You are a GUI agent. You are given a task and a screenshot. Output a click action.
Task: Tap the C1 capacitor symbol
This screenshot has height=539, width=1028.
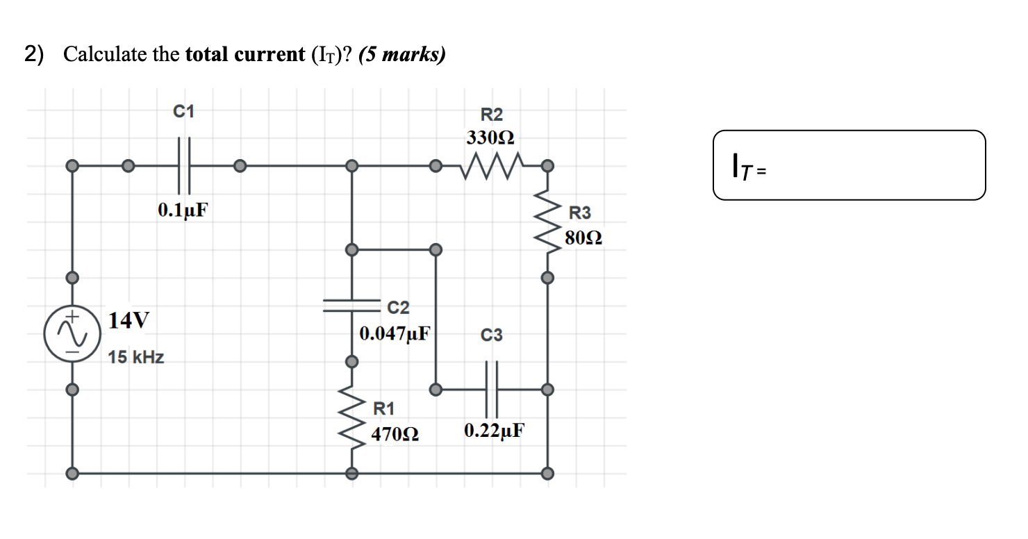[x=183, y=166]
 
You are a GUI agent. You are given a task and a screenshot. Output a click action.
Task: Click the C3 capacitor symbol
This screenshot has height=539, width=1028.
[x=492, y=389]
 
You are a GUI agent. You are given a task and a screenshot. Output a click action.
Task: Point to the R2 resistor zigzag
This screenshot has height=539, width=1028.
[x=491, y=165]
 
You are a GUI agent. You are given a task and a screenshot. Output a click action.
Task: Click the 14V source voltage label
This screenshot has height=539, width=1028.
[x=128, y=320]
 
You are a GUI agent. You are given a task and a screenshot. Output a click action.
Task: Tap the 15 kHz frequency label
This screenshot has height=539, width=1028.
[x=137, y=358]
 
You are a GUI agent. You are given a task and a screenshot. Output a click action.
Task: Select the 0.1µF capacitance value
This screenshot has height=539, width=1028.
[x=183, y=209]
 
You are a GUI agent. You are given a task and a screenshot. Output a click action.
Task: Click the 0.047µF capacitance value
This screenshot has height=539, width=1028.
[x=395, y=333]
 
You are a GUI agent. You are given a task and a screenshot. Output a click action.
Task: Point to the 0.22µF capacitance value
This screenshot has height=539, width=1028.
[x=494, y=431]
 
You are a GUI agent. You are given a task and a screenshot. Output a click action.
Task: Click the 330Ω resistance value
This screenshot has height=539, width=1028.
[x=490, y=138]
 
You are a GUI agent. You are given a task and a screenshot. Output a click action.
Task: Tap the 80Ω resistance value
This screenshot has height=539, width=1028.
[x=583, y=239]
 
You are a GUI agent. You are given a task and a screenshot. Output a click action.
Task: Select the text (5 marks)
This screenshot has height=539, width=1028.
[x=401, y=55]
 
